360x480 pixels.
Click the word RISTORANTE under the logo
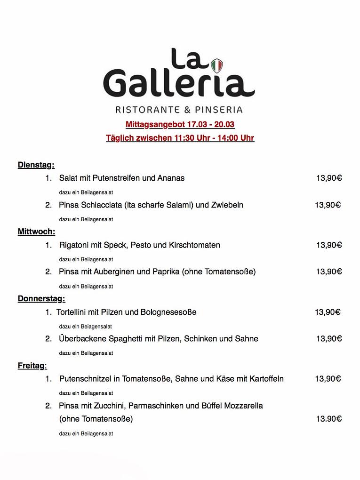point(147,110)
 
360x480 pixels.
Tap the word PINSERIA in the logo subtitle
point(219,110)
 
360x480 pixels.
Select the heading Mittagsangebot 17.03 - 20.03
point(180,125)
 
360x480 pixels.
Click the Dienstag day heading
point(36,165)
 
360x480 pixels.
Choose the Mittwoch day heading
point(36,232)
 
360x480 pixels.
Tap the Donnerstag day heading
point(41,298)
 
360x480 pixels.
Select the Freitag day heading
point(32,365)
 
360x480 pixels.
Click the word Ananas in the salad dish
point(171,178)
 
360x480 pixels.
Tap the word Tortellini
point(73,312)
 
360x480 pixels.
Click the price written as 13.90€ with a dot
point(328,419)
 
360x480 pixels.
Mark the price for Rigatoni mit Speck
point(328,245)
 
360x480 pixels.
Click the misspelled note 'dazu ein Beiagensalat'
point(85,326)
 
